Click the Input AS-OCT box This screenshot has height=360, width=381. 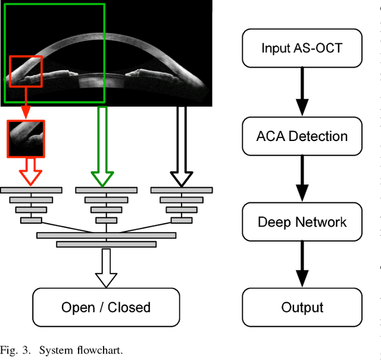[302, 48]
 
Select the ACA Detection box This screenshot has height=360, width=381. [302, 136]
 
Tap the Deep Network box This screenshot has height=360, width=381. [302, 222]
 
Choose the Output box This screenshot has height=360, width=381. [302, 307]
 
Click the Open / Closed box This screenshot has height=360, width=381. [106, 307]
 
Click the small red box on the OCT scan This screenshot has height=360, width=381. [26, 71]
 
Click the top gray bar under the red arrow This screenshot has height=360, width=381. [31, 190]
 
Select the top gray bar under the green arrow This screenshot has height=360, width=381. [106, 190]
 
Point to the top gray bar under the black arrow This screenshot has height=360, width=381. [181, 190]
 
